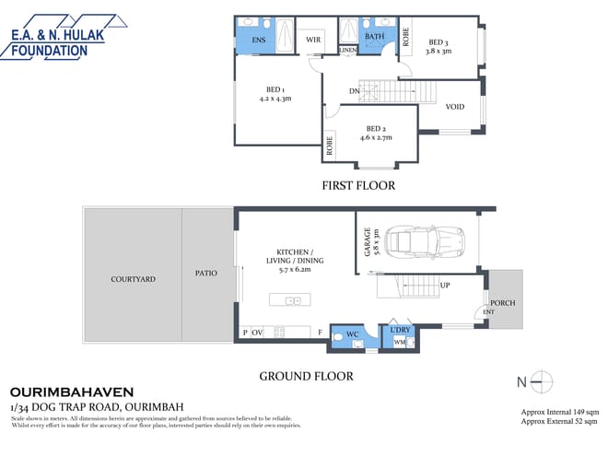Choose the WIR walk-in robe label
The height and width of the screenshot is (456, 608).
tap(312, 40)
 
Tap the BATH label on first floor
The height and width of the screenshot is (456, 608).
tap(374, 37)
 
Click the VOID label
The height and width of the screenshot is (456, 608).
tap(455, 107)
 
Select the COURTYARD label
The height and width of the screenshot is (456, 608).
tap(133, 278)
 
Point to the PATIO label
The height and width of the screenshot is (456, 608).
tap(206, 274)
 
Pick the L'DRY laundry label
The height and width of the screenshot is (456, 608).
tap(400, 330)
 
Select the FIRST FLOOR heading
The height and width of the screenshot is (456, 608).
tap(358, 185)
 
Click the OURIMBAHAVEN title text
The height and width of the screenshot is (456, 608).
tap(70, 392)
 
